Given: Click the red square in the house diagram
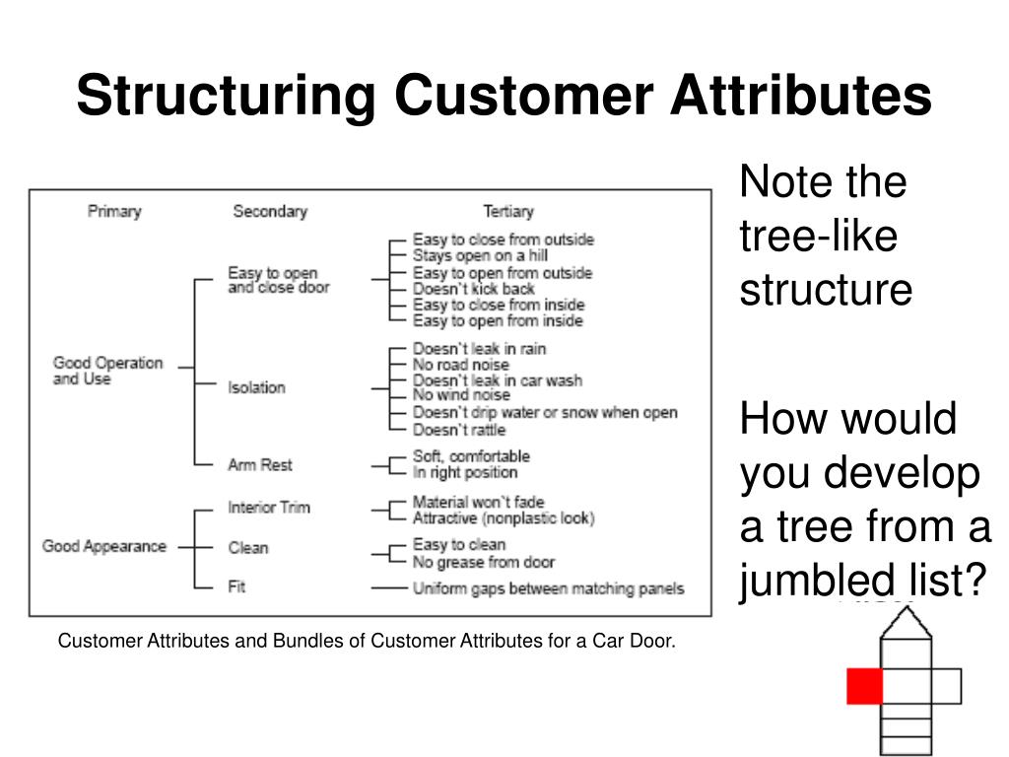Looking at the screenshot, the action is [864, 686].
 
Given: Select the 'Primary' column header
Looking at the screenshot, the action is [114, 211].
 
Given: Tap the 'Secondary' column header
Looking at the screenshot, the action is [270, 211].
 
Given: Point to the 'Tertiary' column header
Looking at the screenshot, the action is [508, 211].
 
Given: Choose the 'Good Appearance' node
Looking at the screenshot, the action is [104, 546].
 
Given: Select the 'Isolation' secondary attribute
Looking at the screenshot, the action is [256, 387].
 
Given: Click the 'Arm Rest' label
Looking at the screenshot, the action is [260, 464].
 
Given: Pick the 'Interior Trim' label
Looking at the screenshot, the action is [269, 508].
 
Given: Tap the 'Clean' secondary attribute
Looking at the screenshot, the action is [248, 547].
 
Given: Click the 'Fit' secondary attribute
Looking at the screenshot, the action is [236, 586].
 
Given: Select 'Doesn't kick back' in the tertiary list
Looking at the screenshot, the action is [474, 289].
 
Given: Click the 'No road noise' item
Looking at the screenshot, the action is [461, 365].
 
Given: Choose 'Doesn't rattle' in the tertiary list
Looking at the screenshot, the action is [459, 430].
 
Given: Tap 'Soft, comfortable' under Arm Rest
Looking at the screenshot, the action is [471, 456].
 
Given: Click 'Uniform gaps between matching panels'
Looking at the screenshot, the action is [548, 589].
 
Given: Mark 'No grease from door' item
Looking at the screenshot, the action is [484, 562].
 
